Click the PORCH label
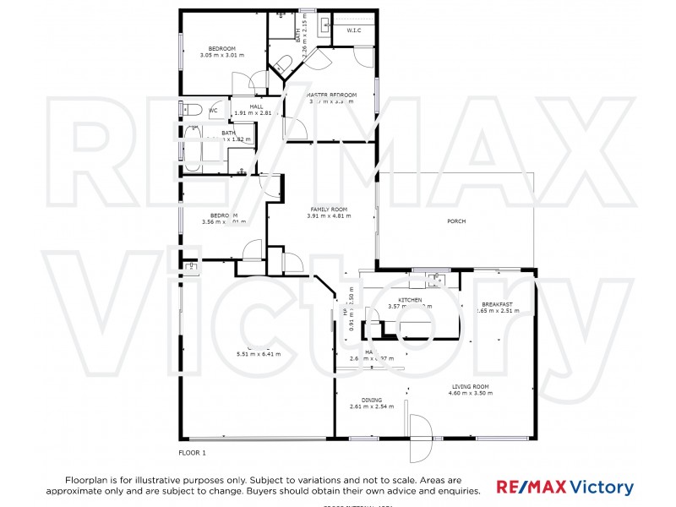pyautogui.click(x=456, y=221)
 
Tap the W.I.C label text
pyautogui.click(x=354, y=30)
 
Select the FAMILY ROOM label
pyautogui.click(x=329, y=209)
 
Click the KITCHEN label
pyautogui.click(x=410, y=300)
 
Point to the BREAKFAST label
pyautogui.click(x=497, y=304)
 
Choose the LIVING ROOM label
pyautogui.click(x=471, y=387)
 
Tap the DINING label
pyautogui.click(x=372, y=400)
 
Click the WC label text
pyautogui.click(x=213, y=110)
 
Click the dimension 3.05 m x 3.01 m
pyautogui.click(x=222, y=55)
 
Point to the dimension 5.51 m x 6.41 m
pyautogui.click(x=259, y=353)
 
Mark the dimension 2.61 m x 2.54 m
pyautogui.click(x=372, y=406)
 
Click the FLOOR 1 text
pyautogui.click(x=192, y=453)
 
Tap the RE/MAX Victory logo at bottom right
pyautogui.click(x=564, y=488)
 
